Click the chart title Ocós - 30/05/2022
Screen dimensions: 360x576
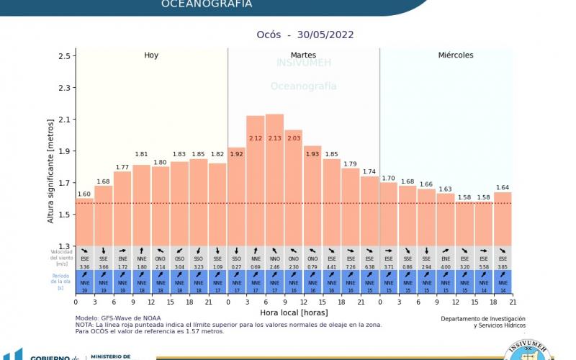[305, 35]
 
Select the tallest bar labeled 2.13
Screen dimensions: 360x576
[274, 180]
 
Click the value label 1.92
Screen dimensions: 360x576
[236, 153]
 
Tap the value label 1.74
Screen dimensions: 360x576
[369, 172]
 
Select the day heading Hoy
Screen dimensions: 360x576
[151, 55]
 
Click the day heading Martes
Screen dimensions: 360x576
[303, 55]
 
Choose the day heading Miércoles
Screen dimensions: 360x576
[456, 55]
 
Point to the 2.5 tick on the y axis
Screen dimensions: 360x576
[66, 56]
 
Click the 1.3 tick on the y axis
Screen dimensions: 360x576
[66, 246]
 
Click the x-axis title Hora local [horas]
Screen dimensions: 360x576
[294, 312]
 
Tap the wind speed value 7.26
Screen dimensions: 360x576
[351, 267]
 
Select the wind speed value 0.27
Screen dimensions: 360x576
[236, 267]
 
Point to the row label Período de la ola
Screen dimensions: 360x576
[61, 282]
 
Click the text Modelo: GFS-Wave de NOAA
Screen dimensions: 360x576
[118, 318]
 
